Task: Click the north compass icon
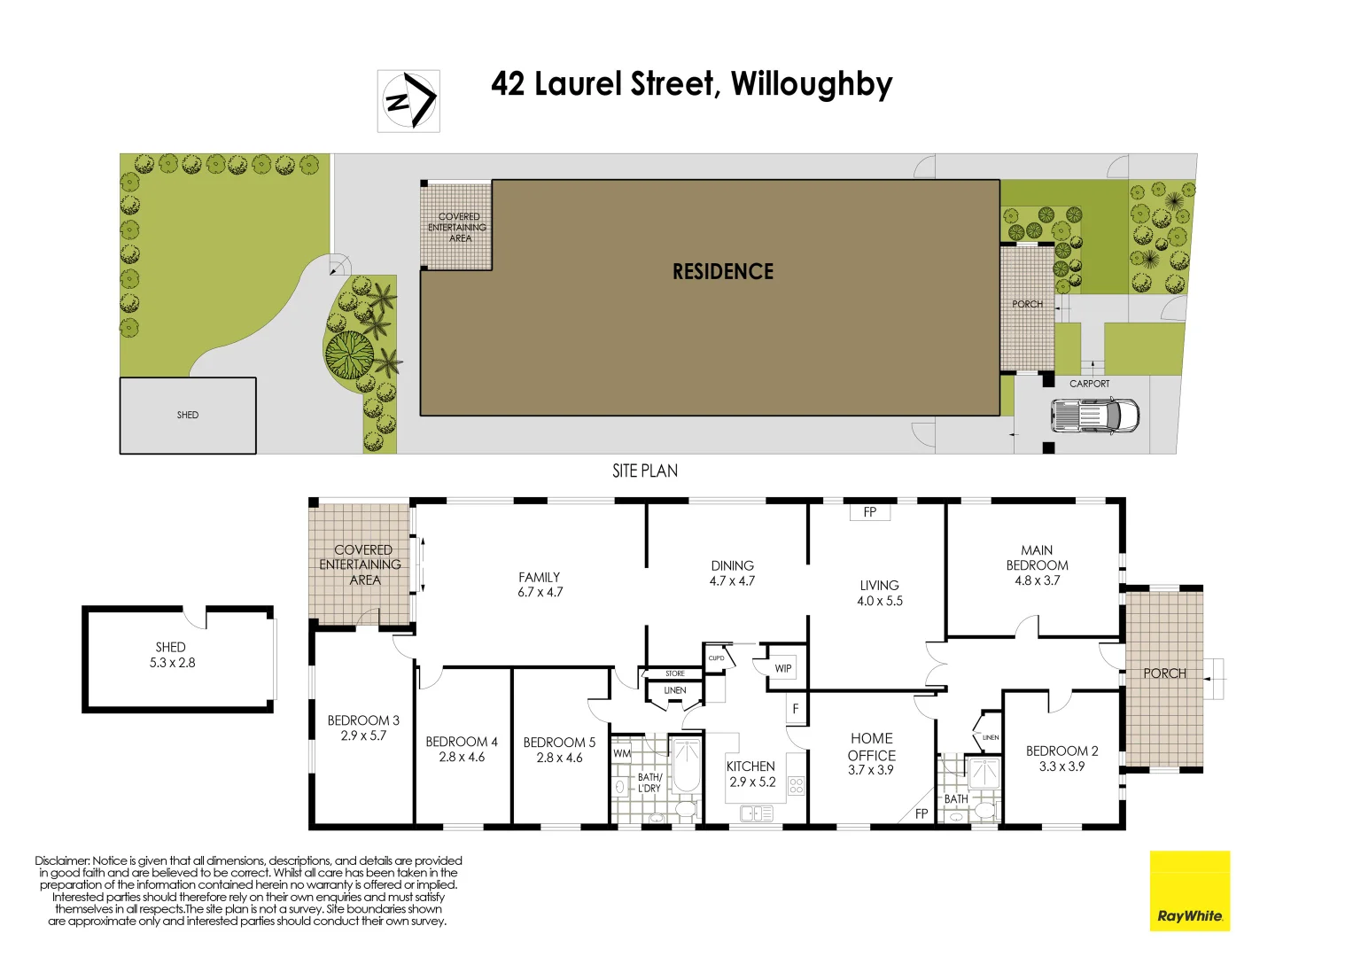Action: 408,101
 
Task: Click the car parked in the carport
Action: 1094,416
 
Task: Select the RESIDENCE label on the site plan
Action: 723,272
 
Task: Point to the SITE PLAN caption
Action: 645,471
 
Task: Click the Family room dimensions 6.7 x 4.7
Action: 540,593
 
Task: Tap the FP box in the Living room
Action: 869,512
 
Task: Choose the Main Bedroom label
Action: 1037,557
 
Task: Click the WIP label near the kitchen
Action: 783,668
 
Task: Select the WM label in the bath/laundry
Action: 622,754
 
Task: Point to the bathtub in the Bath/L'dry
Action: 686,766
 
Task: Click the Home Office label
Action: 872,747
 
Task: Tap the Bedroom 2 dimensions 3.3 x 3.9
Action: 1061,766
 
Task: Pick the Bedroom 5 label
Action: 559,743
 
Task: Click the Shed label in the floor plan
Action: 171,647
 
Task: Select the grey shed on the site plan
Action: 188,416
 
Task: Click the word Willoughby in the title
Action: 812,85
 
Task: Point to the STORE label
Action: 675,674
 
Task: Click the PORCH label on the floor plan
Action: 1164,673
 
